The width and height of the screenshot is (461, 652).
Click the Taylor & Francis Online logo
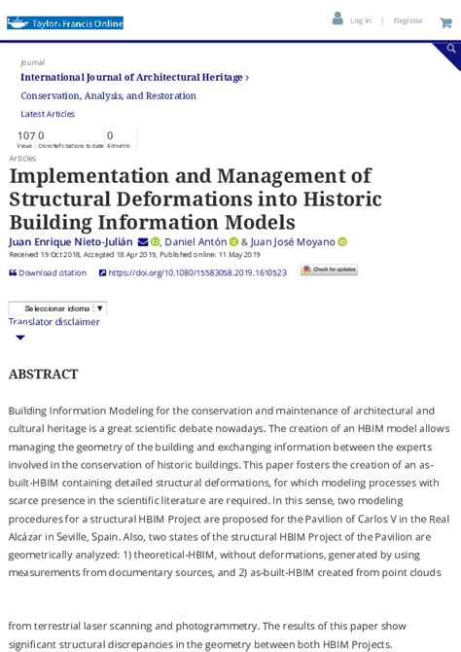(x=65, y=22)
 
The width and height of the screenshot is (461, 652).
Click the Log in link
(x=360, y=20)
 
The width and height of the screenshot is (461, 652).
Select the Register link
(x=408, y=20)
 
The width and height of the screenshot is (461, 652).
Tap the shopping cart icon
(x=445, y=22)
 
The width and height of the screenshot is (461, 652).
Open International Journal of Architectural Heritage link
(x=131, y=77)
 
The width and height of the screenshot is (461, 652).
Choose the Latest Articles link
(x=48, y=114)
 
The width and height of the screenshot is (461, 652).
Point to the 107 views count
(x=25, y=136)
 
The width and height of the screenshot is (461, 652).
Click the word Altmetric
(x=118, y=146)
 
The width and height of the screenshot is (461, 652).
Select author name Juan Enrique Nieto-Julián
(x=71, y=242)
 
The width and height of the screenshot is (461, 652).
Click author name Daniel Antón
(x=195, y=242)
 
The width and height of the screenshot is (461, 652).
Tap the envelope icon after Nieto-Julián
(x=142, y=242)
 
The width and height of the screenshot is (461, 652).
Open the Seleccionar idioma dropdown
(x=58, y=308)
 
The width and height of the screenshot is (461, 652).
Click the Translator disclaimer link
(x=54, y=322)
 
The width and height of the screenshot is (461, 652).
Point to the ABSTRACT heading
(x=43, y=374)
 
